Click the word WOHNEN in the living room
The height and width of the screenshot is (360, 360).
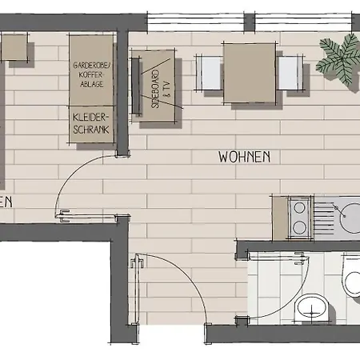tap(244, 158)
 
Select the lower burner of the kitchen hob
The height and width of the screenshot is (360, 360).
tap(299, 226)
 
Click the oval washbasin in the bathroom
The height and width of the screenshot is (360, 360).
tap(310, 306)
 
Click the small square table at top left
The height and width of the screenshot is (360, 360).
tap(15, 48)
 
